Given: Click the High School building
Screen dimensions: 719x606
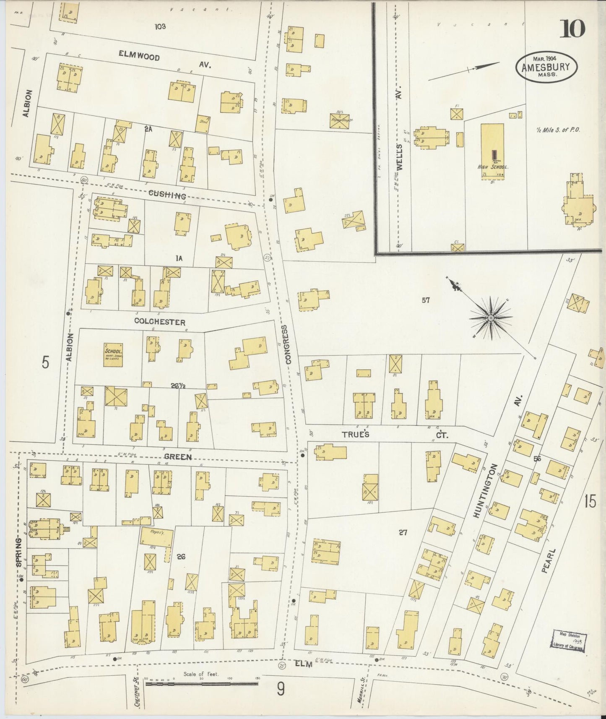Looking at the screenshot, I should click(492, 151).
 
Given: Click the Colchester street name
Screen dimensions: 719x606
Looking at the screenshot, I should click(159, 322).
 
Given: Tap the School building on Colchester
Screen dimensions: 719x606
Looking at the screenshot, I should click(114, 355).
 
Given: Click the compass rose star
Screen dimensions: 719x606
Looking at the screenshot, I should click(490, 319).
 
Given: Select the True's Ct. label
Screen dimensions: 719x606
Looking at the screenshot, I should click(394, 435).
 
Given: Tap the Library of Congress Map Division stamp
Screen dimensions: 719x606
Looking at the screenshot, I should click(570, 641).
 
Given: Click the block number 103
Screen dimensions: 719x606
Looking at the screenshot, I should click(160, 27).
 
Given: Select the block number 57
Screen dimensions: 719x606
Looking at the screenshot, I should click(426, 300).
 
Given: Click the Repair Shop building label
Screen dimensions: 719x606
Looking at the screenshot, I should click(341, 119).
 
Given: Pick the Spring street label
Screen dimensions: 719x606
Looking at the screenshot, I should click(19, 552).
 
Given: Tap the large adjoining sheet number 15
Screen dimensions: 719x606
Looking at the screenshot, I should click(590, 502).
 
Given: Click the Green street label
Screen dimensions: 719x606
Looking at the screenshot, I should click(178, 457).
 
